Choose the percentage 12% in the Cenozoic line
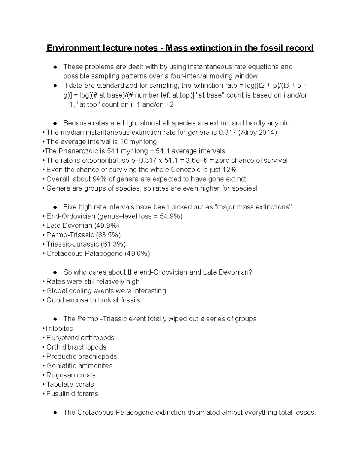click(229, 170)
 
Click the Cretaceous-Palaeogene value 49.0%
click(137, 254)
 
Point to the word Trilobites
click(59, 328)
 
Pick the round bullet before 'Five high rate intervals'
click(55, 207)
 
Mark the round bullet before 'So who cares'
click(55, 272)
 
